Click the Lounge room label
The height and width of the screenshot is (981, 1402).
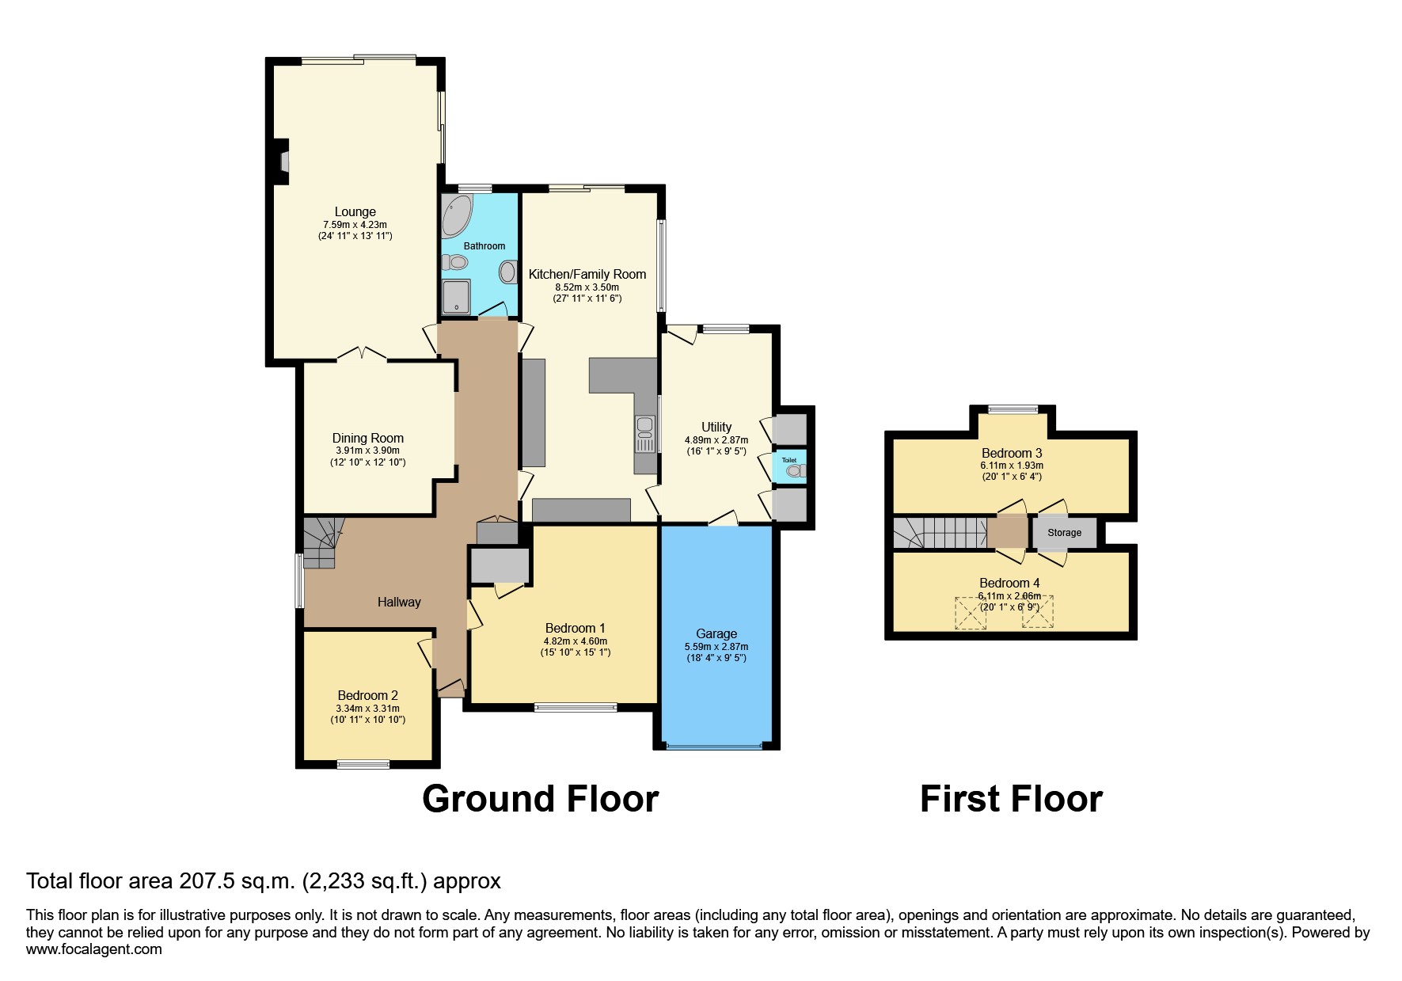click(355, 211)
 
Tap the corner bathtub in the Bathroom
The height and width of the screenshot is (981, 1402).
click(456, 215)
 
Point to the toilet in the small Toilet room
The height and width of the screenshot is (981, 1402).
click(794, 471)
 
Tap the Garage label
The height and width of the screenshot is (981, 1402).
click(716, 633)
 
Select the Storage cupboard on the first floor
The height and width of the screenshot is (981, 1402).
click(1065, 533)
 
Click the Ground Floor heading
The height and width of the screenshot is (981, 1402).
click(541, 798)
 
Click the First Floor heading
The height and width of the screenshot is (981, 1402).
click(1011, 798)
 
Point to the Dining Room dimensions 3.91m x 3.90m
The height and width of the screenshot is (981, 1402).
click(368, 451)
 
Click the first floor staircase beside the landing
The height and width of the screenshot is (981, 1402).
click(940, 532)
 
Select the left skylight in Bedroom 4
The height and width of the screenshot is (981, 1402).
click(971, 612)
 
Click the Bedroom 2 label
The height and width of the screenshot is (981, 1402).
click(367, 695)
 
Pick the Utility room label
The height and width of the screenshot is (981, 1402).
click(716, 427)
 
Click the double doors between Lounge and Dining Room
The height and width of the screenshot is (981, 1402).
click(363, 354)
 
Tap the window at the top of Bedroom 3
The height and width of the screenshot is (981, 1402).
click(1013, 409)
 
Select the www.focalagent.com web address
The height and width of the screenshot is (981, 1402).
click(94, 949)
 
